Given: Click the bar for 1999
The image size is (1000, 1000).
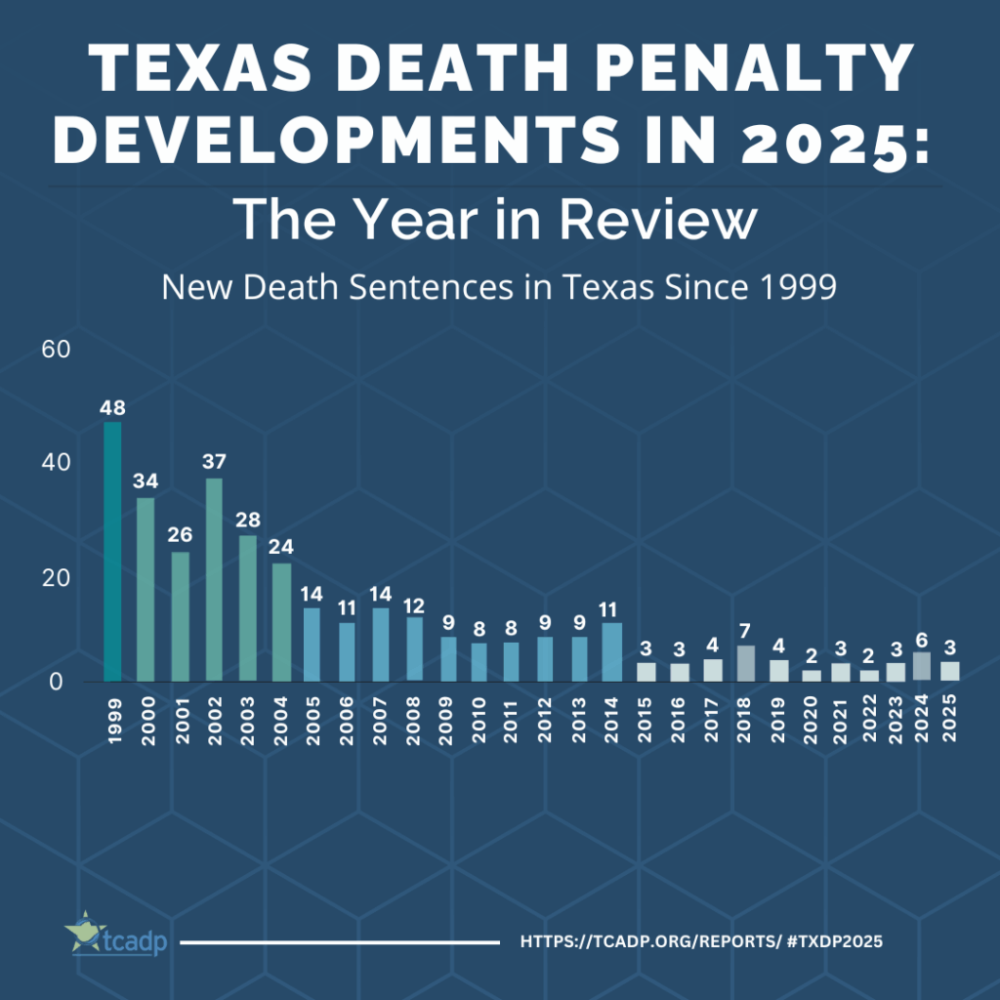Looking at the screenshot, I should point(113,552).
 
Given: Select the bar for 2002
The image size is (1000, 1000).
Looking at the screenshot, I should point(214,579).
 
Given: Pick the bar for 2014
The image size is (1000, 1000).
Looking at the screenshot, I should point(612,651).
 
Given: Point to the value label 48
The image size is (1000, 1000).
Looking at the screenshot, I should point(113,408).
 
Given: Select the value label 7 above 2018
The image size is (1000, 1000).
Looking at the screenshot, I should point(745,630).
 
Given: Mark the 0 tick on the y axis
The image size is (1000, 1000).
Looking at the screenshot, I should point(57,682).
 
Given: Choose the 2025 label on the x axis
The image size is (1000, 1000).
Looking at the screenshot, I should point(950,718).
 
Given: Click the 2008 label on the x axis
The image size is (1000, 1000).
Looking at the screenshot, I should point(415,718).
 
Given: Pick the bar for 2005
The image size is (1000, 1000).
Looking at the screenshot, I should point(312,645).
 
